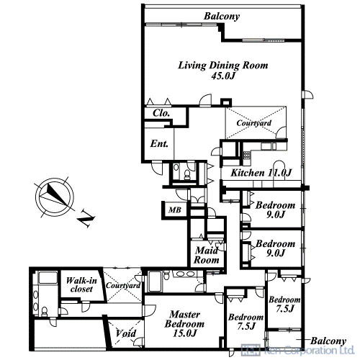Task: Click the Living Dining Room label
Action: [222, 66]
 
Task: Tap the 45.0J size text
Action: [223, 76]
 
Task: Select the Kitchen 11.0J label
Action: [261, 173]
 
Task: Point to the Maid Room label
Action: [207, 255]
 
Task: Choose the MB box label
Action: [175, 210]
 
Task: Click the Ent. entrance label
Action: [159, 144]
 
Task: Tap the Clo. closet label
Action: [161, 113]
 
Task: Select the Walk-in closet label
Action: [81, 284]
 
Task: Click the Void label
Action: [126, 333]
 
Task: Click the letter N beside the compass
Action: [86, 218]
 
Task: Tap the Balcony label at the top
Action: [222, 17]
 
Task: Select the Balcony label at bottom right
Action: [328, 341]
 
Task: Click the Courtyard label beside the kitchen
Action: [254, 123]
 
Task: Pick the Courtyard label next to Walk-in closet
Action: [123, 286]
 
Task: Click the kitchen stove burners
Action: [246, 156]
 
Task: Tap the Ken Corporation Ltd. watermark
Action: [297, 350]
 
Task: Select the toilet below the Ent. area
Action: [186, 174]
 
